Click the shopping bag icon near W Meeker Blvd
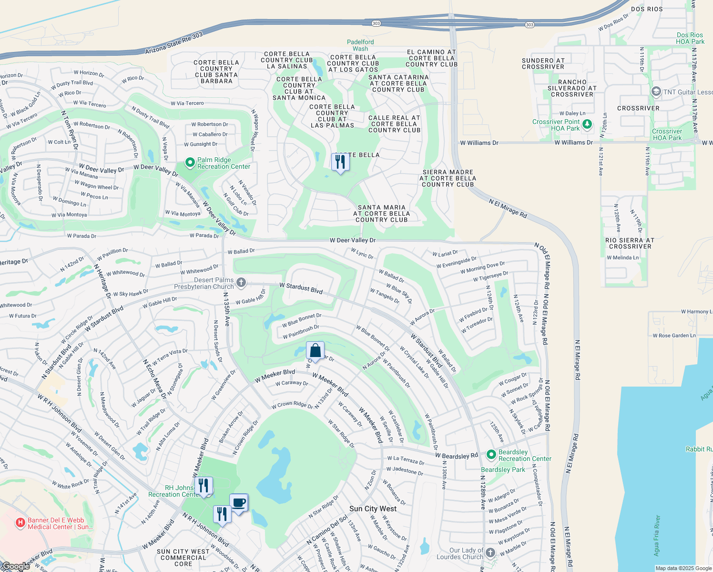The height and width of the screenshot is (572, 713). click(x=315, y=351)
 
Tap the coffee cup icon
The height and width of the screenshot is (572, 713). click(x=239, y=503)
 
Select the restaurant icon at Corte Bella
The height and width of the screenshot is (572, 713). click(x=340, y=163)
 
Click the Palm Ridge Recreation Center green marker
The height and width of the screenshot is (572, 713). click(x=190, y=163)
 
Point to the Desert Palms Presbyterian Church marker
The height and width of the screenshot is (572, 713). click(x=241, y=283)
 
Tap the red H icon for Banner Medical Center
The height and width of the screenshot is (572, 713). click(x=20, y=523)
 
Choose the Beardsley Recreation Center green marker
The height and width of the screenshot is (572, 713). click(x=491, y=455)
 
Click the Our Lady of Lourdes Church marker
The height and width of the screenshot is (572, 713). click(x=490, y=553)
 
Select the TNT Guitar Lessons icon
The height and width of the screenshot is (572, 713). click(x=656, y=92)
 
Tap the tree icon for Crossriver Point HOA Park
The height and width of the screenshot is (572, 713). click(x=587, y=125)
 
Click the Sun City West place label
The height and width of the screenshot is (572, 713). click(x=373, y=509)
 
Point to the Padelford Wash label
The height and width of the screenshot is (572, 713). click(x=360, y=45)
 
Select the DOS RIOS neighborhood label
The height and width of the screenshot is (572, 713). click(x=647, y=9)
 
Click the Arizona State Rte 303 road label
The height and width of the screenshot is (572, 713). click(x=174, y=43)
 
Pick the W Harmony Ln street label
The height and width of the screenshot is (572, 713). click(x=696, y=312)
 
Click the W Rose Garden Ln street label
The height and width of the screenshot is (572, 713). click(x=674, y=336)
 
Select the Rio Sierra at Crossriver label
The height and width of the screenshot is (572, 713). click(x=630, y=243)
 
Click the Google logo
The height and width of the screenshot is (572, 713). click(x=16, y=566)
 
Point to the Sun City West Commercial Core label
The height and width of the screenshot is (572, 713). click(x=183, y=558)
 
